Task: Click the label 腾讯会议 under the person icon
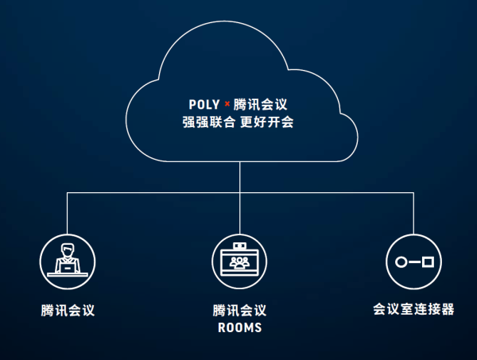(68, 310)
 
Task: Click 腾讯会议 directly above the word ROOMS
(239, 310)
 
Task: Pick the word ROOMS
(239, 327)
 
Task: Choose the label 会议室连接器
(413, 309)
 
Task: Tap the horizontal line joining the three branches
(151, 192)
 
